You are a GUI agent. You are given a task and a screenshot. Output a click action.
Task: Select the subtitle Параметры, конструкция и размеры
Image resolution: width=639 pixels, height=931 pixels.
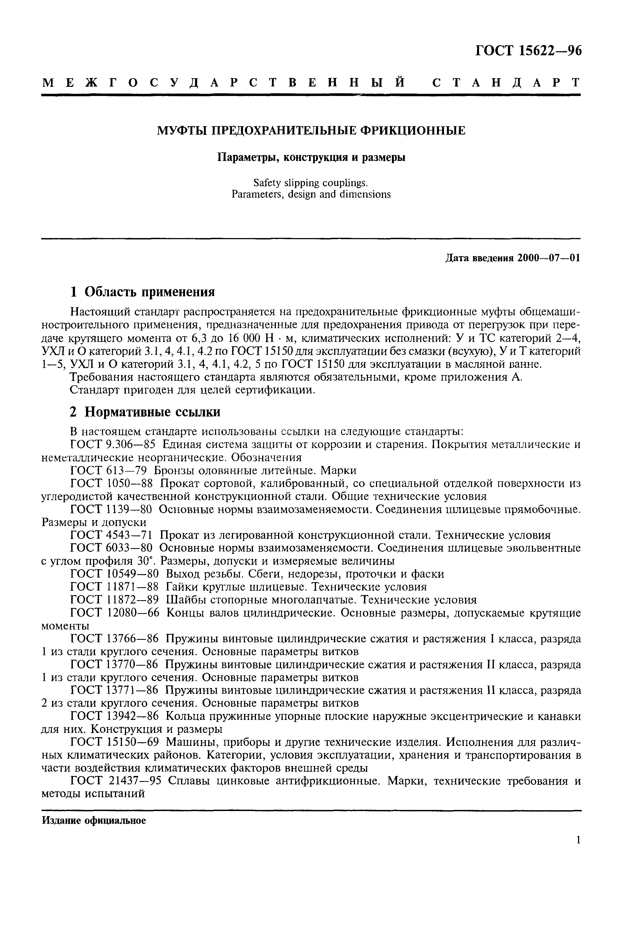311,157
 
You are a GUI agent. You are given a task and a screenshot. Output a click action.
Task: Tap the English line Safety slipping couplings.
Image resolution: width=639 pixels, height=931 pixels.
311,183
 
